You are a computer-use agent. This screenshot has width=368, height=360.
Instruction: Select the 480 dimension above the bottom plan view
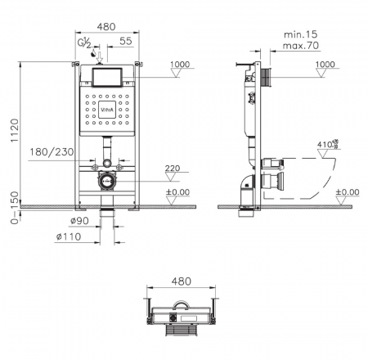pos(182,281)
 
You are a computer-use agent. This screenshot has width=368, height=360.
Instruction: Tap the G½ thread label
pos(83,42)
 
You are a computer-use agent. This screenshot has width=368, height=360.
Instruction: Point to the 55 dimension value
pos(124,41)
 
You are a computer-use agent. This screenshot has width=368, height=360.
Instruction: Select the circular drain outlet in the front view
pos(105,181)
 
